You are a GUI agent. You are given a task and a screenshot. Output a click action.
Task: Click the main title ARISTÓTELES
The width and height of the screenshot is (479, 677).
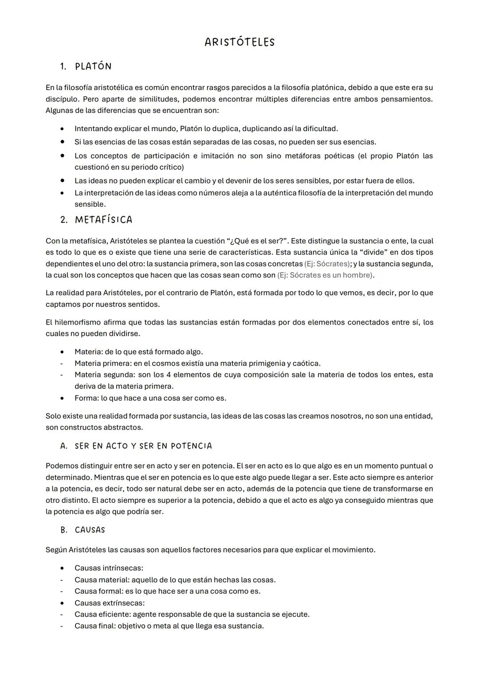(x=239, y=42)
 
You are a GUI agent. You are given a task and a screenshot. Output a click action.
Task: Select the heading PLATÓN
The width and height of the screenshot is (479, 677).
(x=93, y=67)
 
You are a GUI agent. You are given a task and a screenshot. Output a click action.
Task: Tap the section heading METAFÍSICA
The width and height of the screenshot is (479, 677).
(x=103, y=220)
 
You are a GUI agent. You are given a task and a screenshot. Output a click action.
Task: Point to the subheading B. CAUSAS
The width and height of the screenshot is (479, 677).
(x=82, y=530)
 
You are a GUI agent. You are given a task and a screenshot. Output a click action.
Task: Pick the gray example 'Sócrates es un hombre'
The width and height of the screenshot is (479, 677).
(x=325, y=275)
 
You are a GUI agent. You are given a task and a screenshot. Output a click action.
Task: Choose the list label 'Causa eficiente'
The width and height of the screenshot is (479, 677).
(x=102, y=614)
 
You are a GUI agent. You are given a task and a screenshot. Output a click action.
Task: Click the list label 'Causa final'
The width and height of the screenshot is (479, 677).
(x=94, y=626)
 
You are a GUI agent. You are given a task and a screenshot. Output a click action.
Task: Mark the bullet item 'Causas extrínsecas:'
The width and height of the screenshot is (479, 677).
(x=109, y=603)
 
